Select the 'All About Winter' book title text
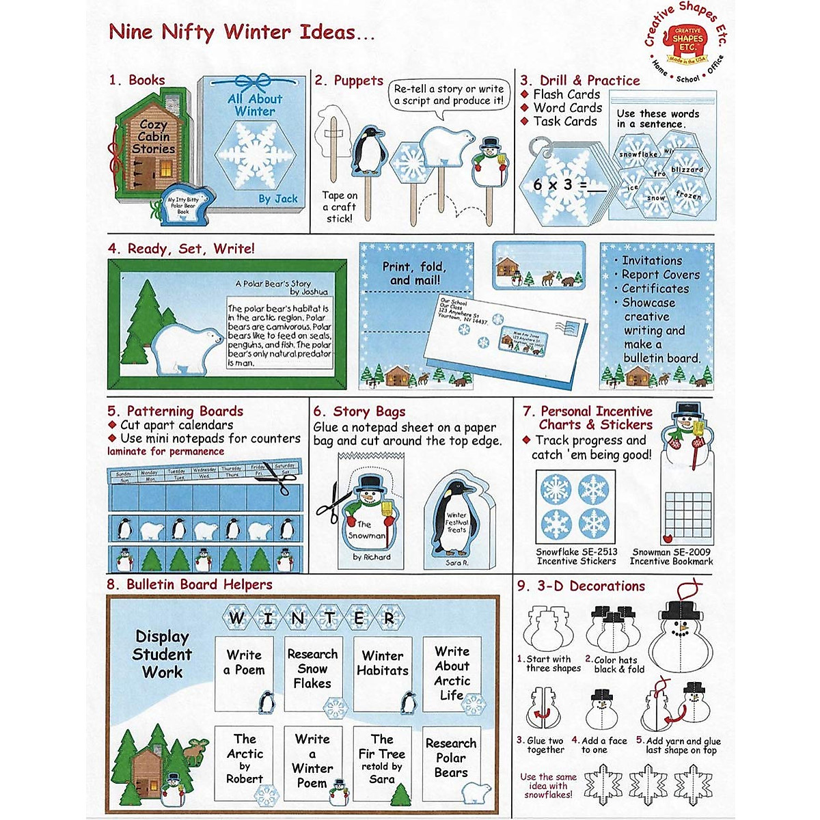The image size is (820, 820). [255, 105]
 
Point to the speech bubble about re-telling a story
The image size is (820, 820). [448, 95]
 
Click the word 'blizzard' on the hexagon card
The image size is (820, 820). [686, 169]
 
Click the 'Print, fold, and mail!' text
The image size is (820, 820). [414, 273]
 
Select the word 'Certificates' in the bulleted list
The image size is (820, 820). [655, 288]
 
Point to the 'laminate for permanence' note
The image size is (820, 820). [165, 452]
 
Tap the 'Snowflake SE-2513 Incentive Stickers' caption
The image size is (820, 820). [576, 556]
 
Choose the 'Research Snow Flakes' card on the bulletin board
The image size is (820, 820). [312, 670]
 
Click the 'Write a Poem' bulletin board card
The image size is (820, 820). [244, 663]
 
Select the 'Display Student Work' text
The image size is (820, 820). [162, 654]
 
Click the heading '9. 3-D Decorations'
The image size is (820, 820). [581, 586]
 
